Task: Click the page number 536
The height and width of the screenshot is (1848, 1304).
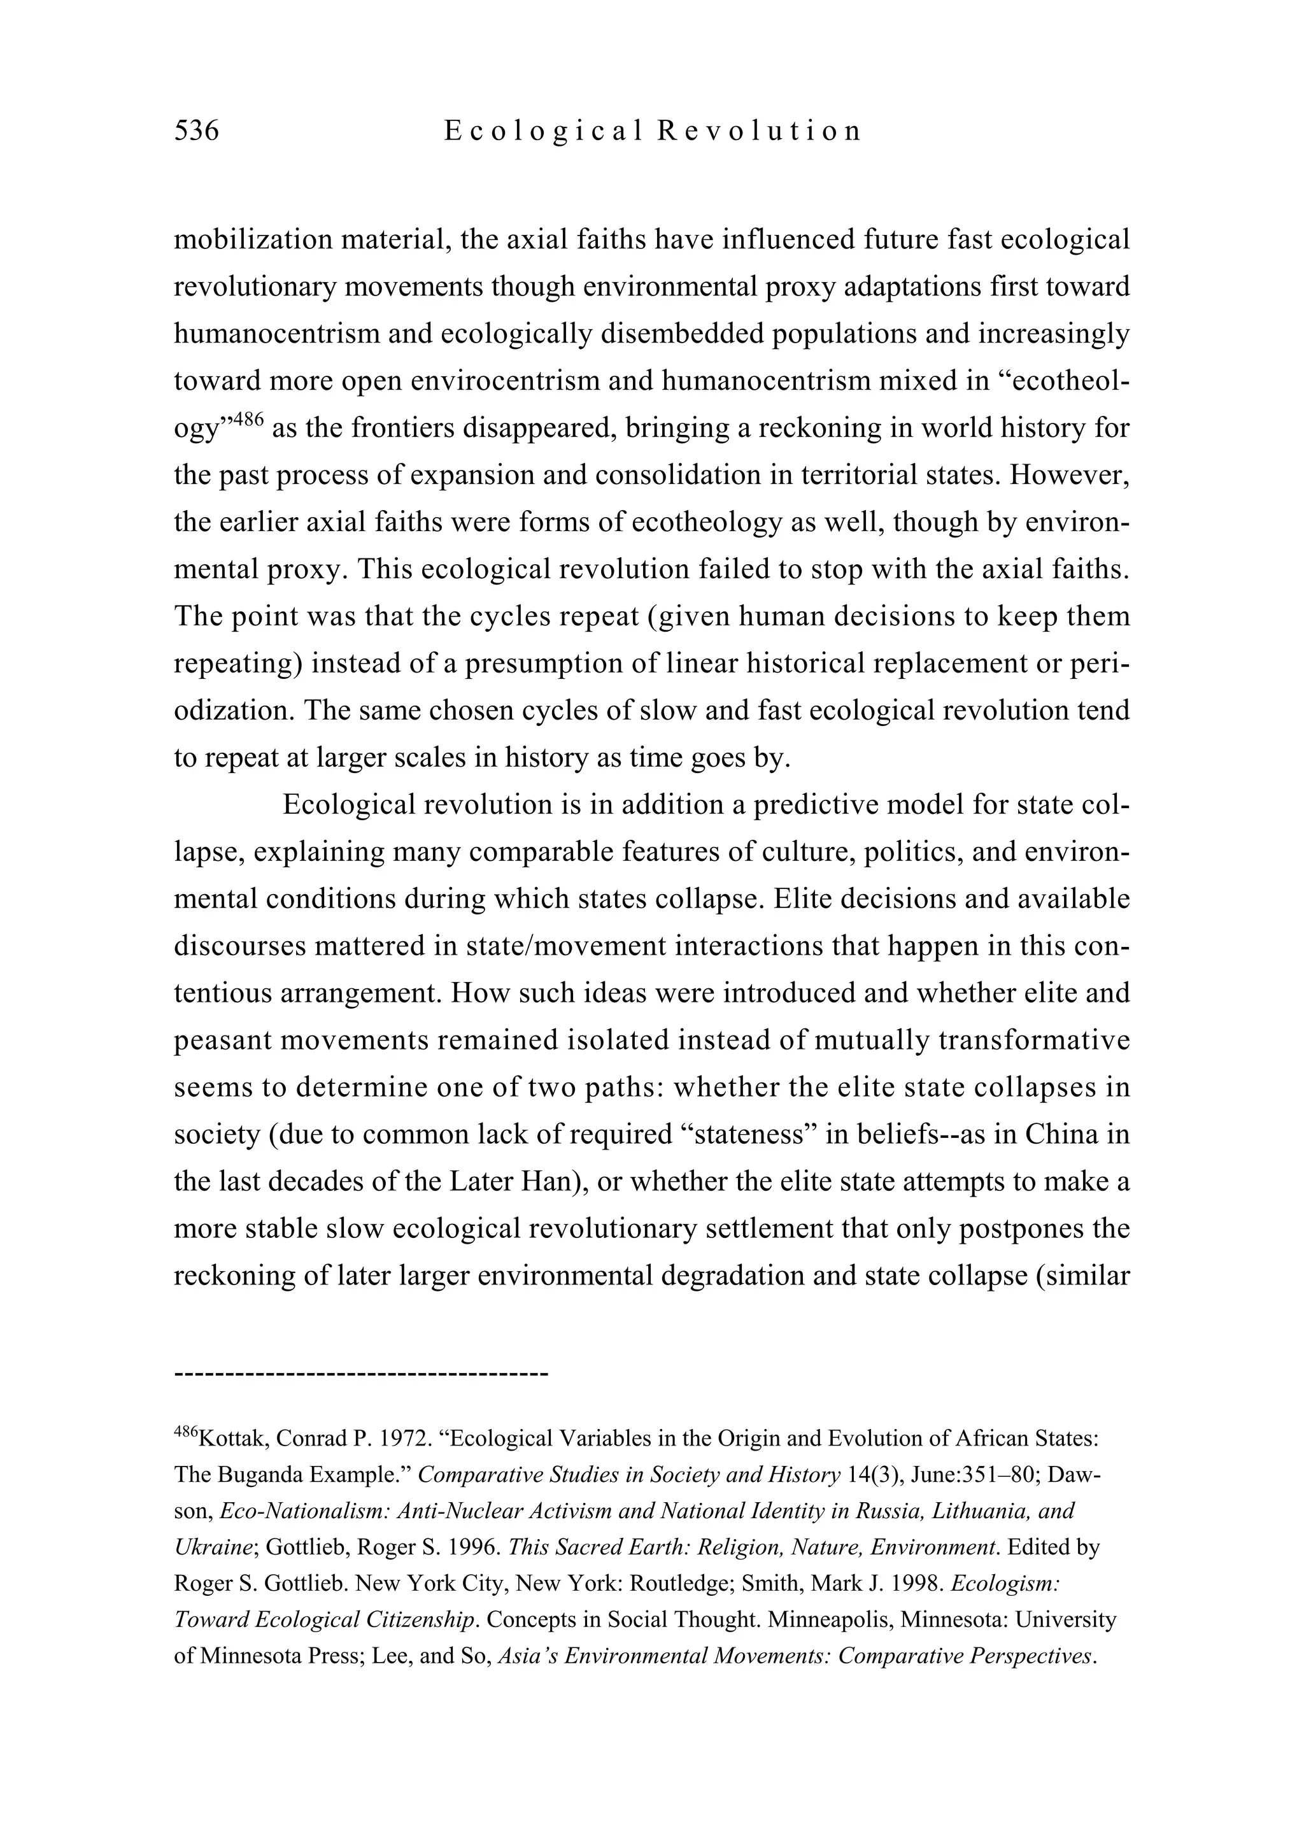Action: pyautogui.click(x=196, y=131)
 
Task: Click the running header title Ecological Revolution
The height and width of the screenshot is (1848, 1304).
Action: pyautogui.click(x=652, y=131)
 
